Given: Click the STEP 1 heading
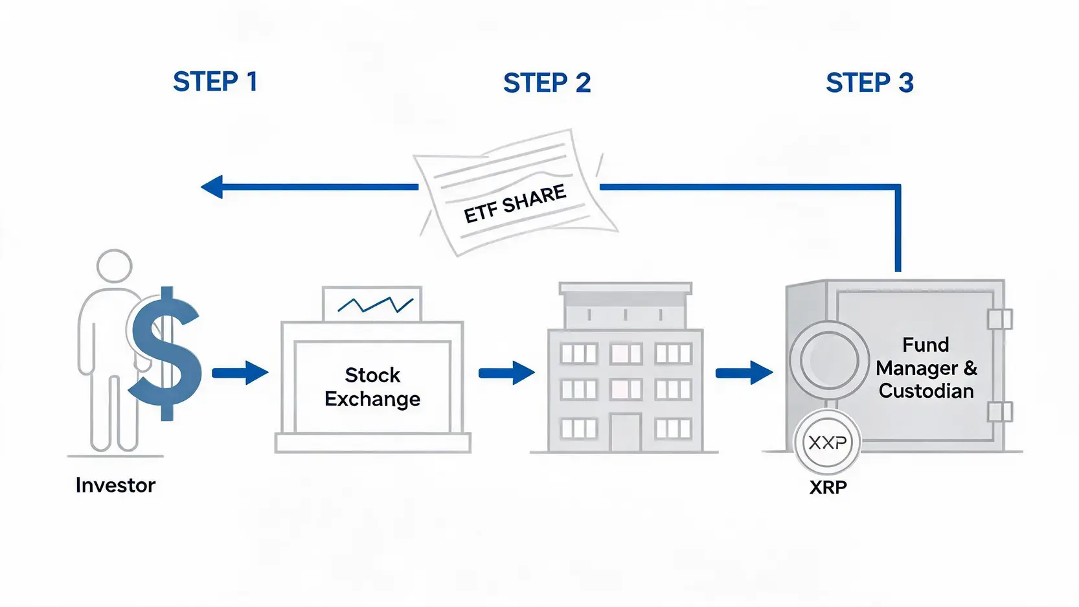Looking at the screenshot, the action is point(215,82).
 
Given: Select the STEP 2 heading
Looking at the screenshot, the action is point(547,82).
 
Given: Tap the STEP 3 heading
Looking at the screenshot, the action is point(869,82).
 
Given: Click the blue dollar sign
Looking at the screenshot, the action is point(165,354).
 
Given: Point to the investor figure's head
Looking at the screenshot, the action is point(114,266).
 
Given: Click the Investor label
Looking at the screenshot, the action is point(115,485).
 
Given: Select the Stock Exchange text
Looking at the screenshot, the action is point(372,387).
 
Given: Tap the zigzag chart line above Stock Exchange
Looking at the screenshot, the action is point(375,304).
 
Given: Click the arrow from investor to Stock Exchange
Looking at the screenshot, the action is point(240,372).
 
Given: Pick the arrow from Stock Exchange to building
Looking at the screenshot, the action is point(506,372).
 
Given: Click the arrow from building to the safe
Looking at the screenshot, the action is point(744,372).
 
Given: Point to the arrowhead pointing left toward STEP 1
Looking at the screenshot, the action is point(212,187).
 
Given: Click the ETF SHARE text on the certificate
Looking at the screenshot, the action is point(514,204).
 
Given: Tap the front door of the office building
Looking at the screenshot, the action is point(626,432).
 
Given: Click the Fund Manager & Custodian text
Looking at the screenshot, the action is point(926,367).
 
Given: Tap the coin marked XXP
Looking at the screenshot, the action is point(827,442).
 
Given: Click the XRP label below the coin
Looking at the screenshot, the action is point(828,487).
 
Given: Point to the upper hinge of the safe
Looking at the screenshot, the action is point(1000,319).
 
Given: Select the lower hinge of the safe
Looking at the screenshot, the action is point(999,412).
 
